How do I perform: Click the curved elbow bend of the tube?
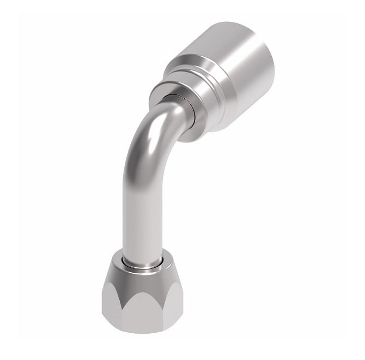click(147, 142)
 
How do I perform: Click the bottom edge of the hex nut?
click(143, 331)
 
